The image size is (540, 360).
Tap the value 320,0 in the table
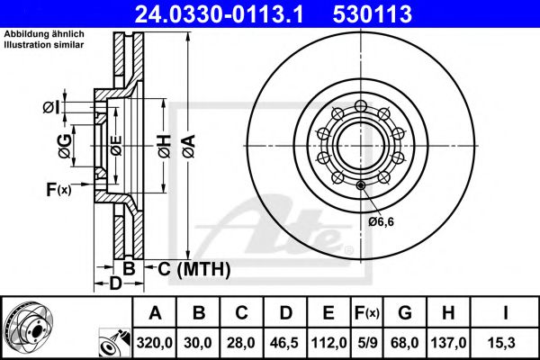click(x=155, y=342)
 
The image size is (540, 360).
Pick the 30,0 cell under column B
click(x=200, y=342)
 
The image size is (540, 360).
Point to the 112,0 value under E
click(x=330, y=342)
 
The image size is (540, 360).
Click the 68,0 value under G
click(x=406, y=342)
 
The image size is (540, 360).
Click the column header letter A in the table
click(x=155, y=313)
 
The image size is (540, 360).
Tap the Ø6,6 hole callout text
click(x=381, y=221)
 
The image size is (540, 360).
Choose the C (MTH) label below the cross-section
click(x=194, y=268)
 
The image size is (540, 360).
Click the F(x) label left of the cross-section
click(x=58, y=189)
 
